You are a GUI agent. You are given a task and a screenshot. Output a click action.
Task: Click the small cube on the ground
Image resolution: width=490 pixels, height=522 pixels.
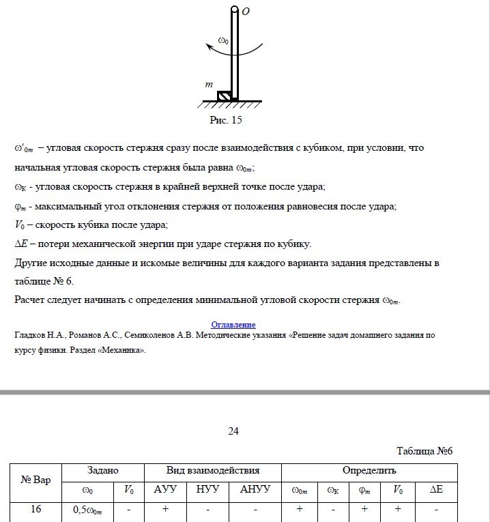224,96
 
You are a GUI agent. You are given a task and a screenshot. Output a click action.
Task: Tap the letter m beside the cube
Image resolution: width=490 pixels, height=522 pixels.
210,85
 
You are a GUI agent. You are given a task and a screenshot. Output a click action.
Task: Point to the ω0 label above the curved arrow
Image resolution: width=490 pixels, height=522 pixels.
223,41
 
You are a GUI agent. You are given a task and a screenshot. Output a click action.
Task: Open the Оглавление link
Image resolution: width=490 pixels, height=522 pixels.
233,325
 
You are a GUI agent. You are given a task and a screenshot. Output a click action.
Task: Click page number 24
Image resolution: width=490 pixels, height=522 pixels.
233,431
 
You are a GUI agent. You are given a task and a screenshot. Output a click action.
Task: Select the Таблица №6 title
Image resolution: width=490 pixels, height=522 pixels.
424,451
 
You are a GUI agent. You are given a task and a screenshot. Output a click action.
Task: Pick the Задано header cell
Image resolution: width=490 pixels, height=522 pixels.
103,471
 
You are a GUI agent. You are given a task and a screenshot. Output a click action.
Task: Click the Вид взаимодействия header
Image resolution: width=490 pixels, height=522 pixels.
213,471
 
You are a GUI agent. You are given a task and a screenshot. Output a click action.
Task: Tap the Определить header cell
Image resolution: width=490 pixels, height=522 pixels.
369,471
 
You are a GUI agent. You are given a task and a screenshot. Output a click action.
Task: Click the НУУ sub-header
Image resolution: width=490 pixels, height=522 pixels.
207,490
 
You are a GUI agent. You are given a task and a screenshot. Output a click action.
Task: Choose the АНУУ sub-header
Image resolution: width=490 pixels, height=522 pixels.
255,490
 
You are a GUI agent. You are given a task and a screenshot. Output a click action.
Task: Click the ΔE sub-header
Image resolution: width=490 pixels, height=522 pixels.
436,490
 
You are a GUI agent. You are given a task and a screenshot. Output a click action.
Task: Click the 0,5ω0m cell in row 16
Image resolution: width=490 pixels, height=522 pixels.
88,510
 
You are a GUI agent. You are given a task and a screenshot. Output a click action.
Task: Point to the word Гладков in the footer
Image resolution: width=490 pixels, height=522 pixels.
31,336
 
